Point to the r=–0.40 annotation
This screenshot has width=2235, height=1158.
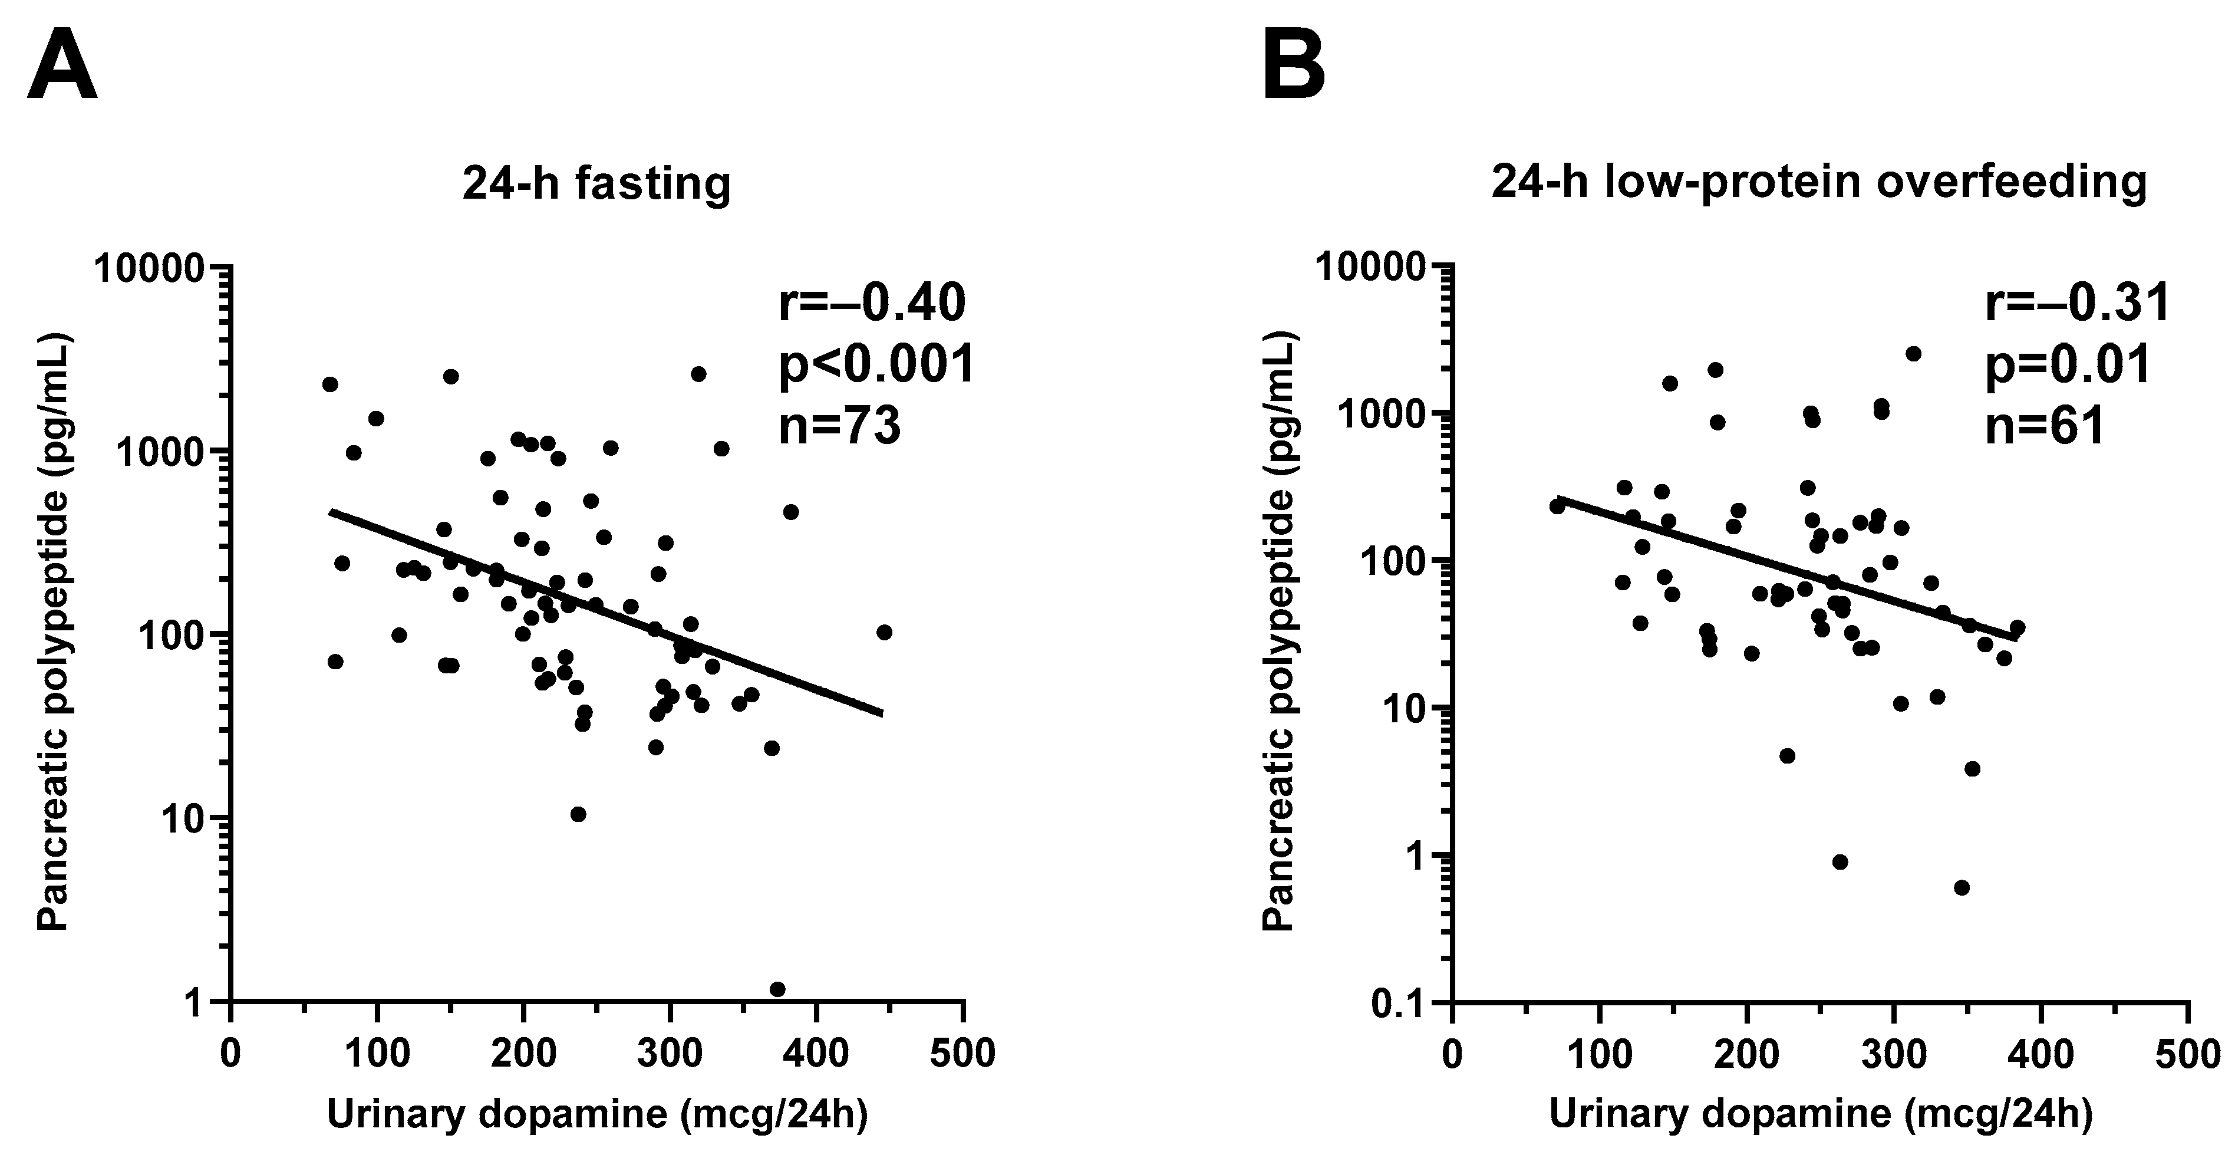click(x=871, y=304)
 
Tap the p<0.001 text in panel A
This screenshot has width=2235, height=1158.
click(x=876, y=364)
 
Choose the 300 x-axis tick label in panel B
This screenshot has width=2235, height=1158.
click(x=1893, y=1054)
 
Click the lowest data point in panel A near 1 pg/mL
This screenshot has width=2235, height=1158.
click(x=777, y=989)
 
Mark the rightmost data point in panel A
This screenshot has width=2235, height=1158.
click(x=884, y=632)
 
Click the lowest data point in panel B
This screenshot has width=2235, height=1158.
click(x=1962, y=887)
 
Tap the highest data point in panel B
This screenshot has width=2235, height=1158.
click(x=1913, y=353)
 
